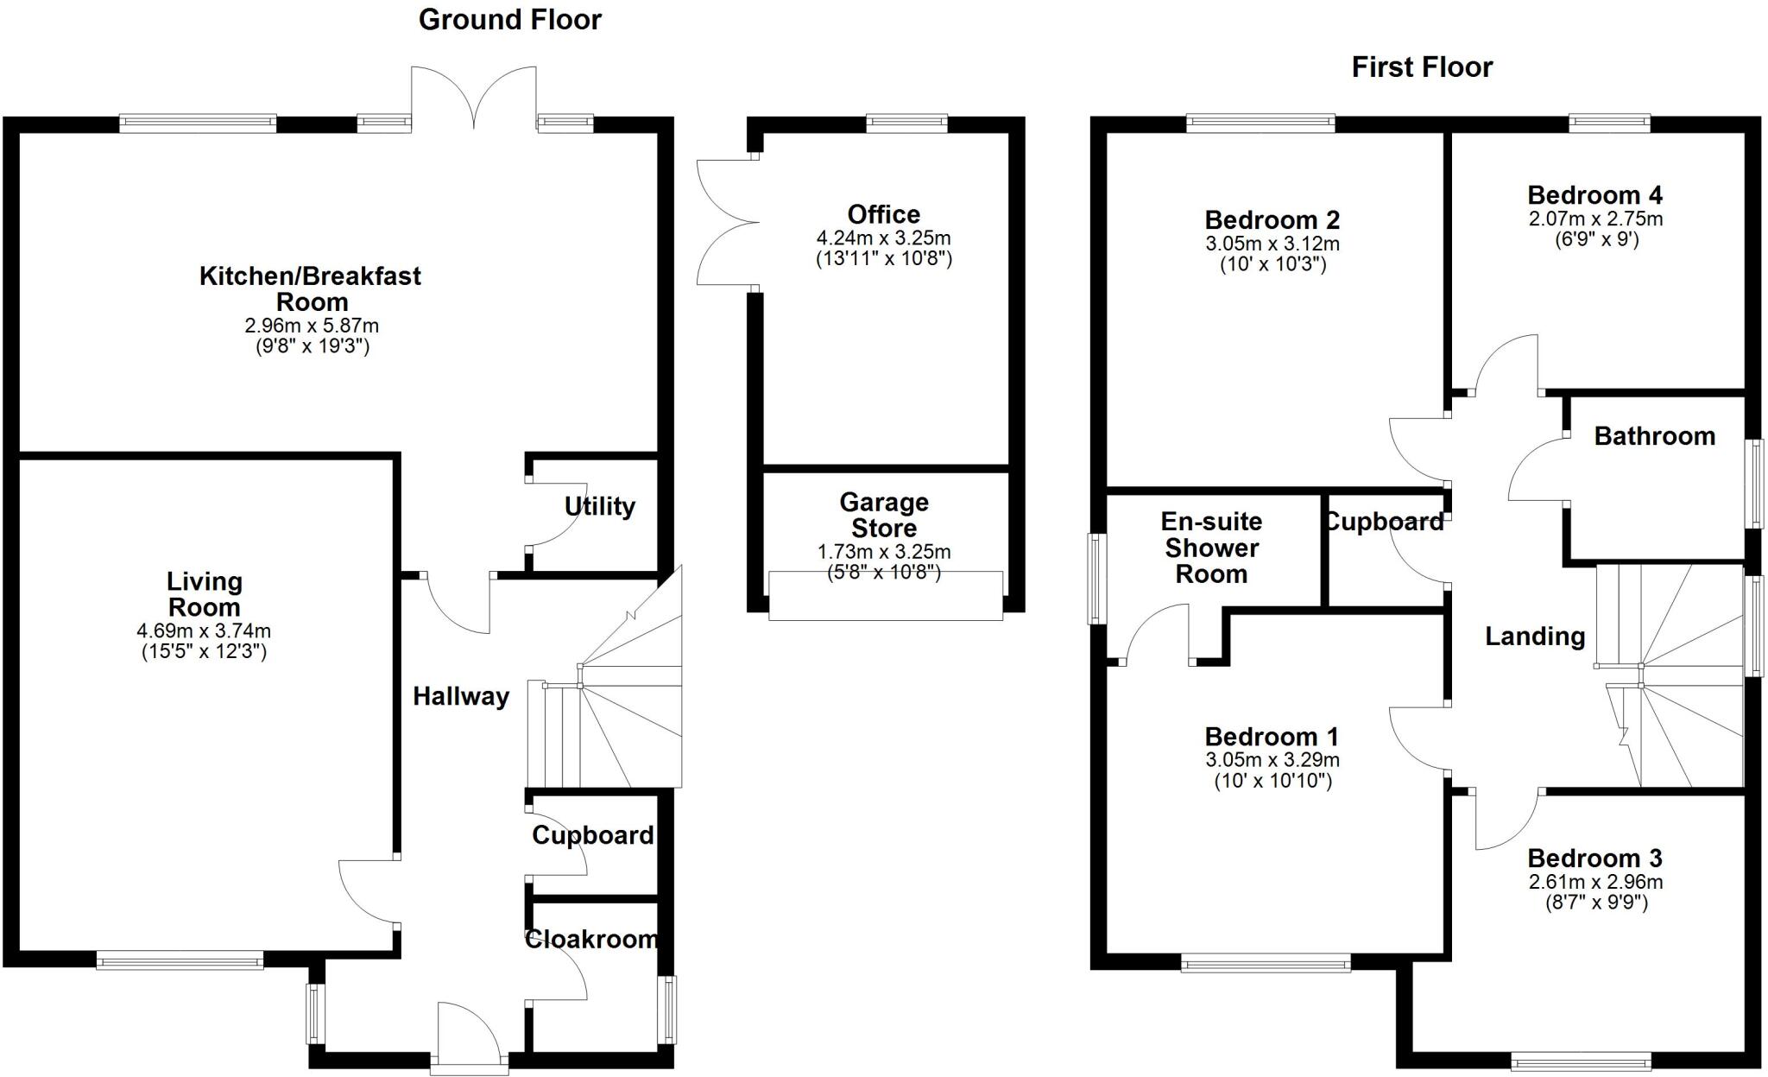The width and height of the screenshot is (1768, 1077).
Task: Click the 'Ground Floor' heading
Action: click(510, 20)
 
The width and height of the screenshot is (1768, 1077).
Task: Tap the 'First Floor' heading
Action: click(1422, 67)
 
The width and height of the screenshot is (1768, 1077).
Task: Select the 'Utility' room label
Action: click(600, 506)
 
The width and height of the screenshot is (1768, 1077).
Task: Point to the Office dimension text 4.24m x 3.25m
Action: click(884, 238)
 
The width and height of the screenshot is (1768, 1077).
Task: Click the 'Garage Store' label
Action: click(884, 515)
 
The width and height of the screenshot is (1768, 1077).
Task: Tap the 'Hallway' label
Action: click(461, 697)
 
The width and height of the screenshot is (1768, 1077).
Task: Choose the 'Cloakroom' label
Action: click(592, 939)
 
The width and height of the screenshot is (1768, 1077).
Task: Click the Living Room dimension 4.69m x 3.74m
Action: click(204, 631)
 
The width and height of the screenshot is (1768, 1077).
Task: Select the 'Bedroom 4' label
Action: click(1595, 195)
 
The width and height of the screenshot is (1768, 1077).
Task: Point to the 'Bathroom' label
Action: click(1655, 436)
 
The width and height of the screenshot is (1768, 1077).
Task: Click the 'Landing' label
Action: click(1535, 637)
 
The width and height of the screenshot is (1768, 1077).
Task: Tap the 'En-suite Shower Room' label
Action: click(1211, 548)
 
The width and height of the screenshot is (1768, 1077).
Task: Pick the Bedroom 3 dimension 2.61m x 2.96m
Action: click(1595, 882)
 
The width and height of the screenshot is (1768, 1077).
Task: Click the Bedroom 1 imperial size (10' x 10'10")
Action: click(1273, 781)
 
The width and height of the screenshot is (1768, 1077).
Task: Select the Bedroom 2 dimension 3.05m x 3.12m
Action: click(1272, 244)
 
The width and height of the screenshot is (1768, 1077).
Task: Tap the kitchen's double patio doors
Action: click(473, 95)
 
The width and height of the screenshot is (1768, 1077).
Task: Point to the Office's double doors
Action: click(728, 223)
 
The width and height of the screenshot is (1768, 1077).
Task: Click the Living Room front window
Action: click(180, 960)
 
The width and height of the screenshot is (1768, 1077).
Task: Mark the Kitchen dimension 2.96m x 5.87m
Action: click(312, 326)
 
